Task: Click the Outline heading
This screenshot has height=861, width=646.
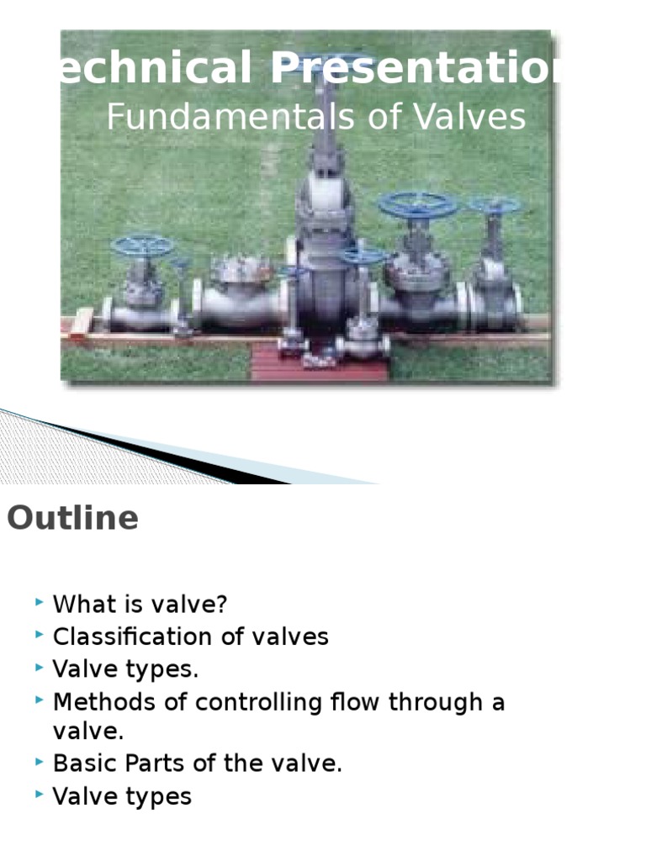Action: point(72,519)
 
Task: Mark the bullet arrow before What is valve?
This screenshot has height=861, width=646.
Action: point(39,604)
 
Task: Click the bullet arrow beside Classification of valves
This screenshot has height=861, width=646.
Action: point(39,636)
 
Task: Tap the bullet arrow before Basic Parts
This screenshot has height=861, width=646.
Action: point(39,763)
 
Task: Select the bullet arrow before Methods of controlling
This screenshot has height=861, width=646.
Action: point(39,701)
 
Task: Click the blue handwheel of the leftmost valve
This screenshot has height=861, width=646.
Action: point(142,246)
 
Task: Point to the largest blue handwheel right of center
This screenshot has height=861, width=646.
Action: point(417,205)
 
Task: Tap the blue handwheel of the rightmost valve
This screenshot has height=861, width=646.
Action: point(494,205)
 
